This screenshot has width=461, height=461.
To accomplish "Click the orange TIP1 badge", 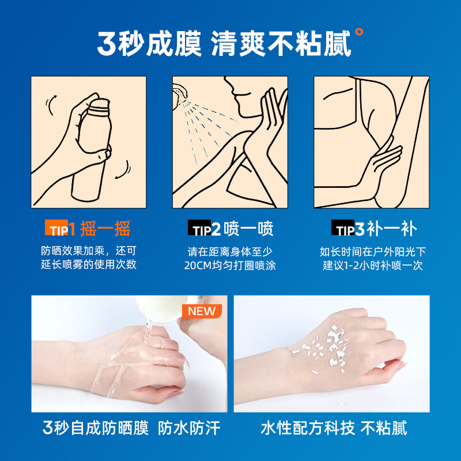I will click(61, 230).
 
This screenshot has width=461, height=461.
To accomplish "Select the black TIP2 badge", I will click(204, 230).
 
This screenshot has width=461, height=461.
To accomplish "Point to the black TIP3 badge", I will click(348, 230).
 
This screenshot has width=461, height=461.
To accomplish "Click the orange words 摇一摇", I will click(105, 229).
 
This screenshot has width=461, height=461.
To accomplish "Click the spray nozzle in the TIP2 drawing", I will click(180, 92).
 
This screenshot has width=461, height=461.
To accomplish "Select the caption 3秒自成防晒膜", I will click(96, 428).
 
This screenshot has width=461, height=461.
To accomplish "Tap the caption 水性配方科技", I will click(308, 428).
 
